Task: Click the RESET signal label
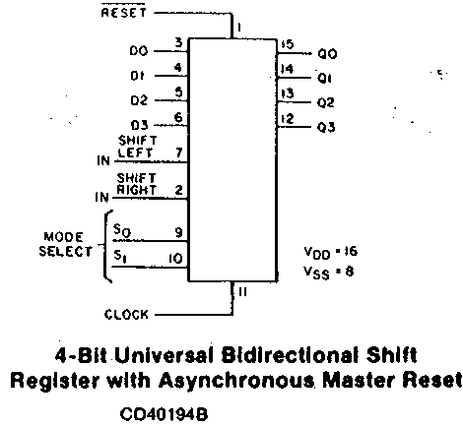(x=123, y=13)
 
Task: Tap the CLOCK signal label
(x=126, y=314)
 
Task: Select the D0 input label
(x=139, y=51)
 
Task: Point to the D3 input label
(x=139, y=125)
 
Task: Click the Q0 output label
(x=327, y=54)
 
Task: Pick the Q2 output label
(x=326, y=102)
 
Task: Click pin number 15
(x=288, y=44)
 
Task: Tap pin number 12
(x=288, y=118)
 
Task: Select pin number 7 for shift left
(x=179, y=152)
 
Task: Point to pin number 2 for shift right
(x=178, y=190)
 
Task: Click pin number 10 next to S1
(x=175, y=259)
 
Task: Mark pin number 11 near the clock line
(x=242, y=291)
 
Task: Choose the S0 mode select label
(x=122, y=230)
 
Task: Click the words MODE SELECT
(x=66, y=244)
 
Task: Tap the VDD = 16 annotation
(x=330, y=253)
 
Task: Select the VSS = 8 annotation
(x=329, y=273)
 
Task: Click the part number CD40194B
(x=164, y=414)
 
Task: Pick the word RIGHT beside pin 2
(x=136, y=190)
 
